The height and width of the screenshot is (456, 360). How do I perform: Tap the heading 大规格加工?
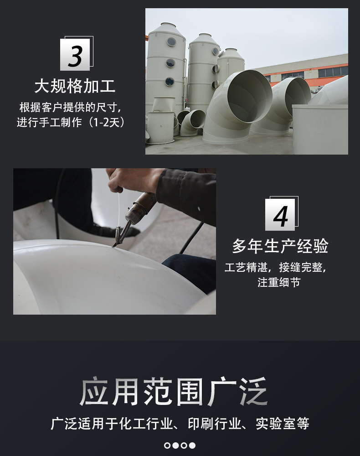[x=75, y=86]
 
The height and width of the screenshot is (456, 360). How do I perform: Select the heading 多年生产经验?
[x=280, y=246]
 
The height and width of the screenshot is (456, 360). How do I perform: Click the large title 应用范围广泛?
[x=174, y=391]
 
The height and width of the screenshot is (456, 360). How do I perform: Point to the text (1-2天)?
[x=107, y=122]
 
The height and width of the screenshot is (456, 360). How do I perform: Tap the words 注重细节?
[x=279, y=282]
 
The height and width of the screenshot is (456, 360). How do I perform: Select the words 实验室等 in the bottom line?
[x=283, y=424]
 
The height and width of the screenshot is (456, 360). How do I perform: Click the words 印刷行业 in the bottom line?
[x=215, y=424]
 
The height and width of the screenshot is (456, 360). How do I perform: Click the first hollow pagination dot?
[x=167, y=445]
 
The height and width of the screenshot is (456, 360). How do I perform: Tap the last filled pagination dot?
[x=192, y=445]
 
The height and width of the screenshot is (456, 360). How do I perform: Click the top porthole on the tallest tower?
[x=171, y=42]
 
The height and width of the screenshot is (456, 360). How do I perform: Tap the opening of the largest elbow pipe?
[x=250, y=96]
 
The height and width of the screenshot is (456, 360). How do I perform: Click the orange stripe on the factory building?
[x=308, y=67]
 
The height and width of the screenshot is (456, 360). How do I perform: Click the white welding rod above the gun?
[x=118, y=210]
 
